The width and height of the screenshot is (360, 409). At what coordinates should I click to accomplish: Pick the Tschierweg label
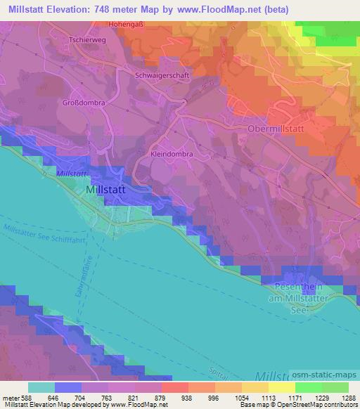coord(86,40)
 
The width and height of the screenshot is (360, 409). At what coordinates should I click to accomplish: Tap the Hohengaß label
coord(127,24)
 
